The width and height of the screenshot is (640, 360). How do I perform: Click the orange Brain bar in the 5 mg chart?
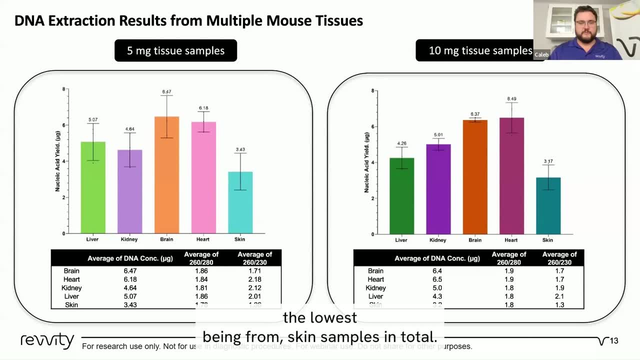coord(166,175)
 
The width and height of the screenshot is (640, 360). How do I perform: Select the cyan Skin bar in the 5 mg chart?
coord(240,202)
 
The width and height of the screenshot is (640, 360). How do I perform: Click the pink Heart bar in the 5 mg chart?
coord(203,177)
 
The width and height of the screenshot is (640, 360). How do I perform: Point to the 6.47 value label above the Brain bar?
coord(166,92)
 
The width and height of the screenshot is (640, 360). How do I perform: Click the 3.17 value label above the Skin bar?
coord(548,161)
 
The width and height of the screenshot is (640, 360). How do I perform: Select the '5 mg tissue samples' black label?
coord(175,50)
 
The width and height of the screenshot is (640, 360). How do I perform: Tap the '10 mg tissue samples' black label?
coord(480,50)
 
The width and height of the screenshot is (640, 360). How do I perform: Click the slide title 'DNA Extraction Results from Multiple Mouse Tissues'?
coord(188,20)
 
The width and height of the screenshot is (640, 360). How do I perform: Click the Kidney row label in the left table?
coord(71,288)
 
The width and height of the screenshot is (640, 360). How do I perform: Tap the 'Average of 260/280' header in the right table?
coord(508,258)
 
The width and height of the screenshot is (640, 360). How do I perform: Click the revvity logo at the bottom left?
coord(47,340)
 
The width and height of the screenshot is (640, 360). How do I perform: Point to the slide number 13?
coord(614,341)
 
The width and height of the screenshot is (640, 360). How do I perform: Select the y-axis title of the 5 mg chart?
coord(57,161)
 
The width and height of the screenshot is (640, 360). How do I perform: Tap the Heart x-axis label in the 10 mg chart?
coord(511,240)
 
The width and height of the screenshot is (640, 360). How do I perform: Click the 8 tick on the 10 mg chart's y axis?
coord(372,90)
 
